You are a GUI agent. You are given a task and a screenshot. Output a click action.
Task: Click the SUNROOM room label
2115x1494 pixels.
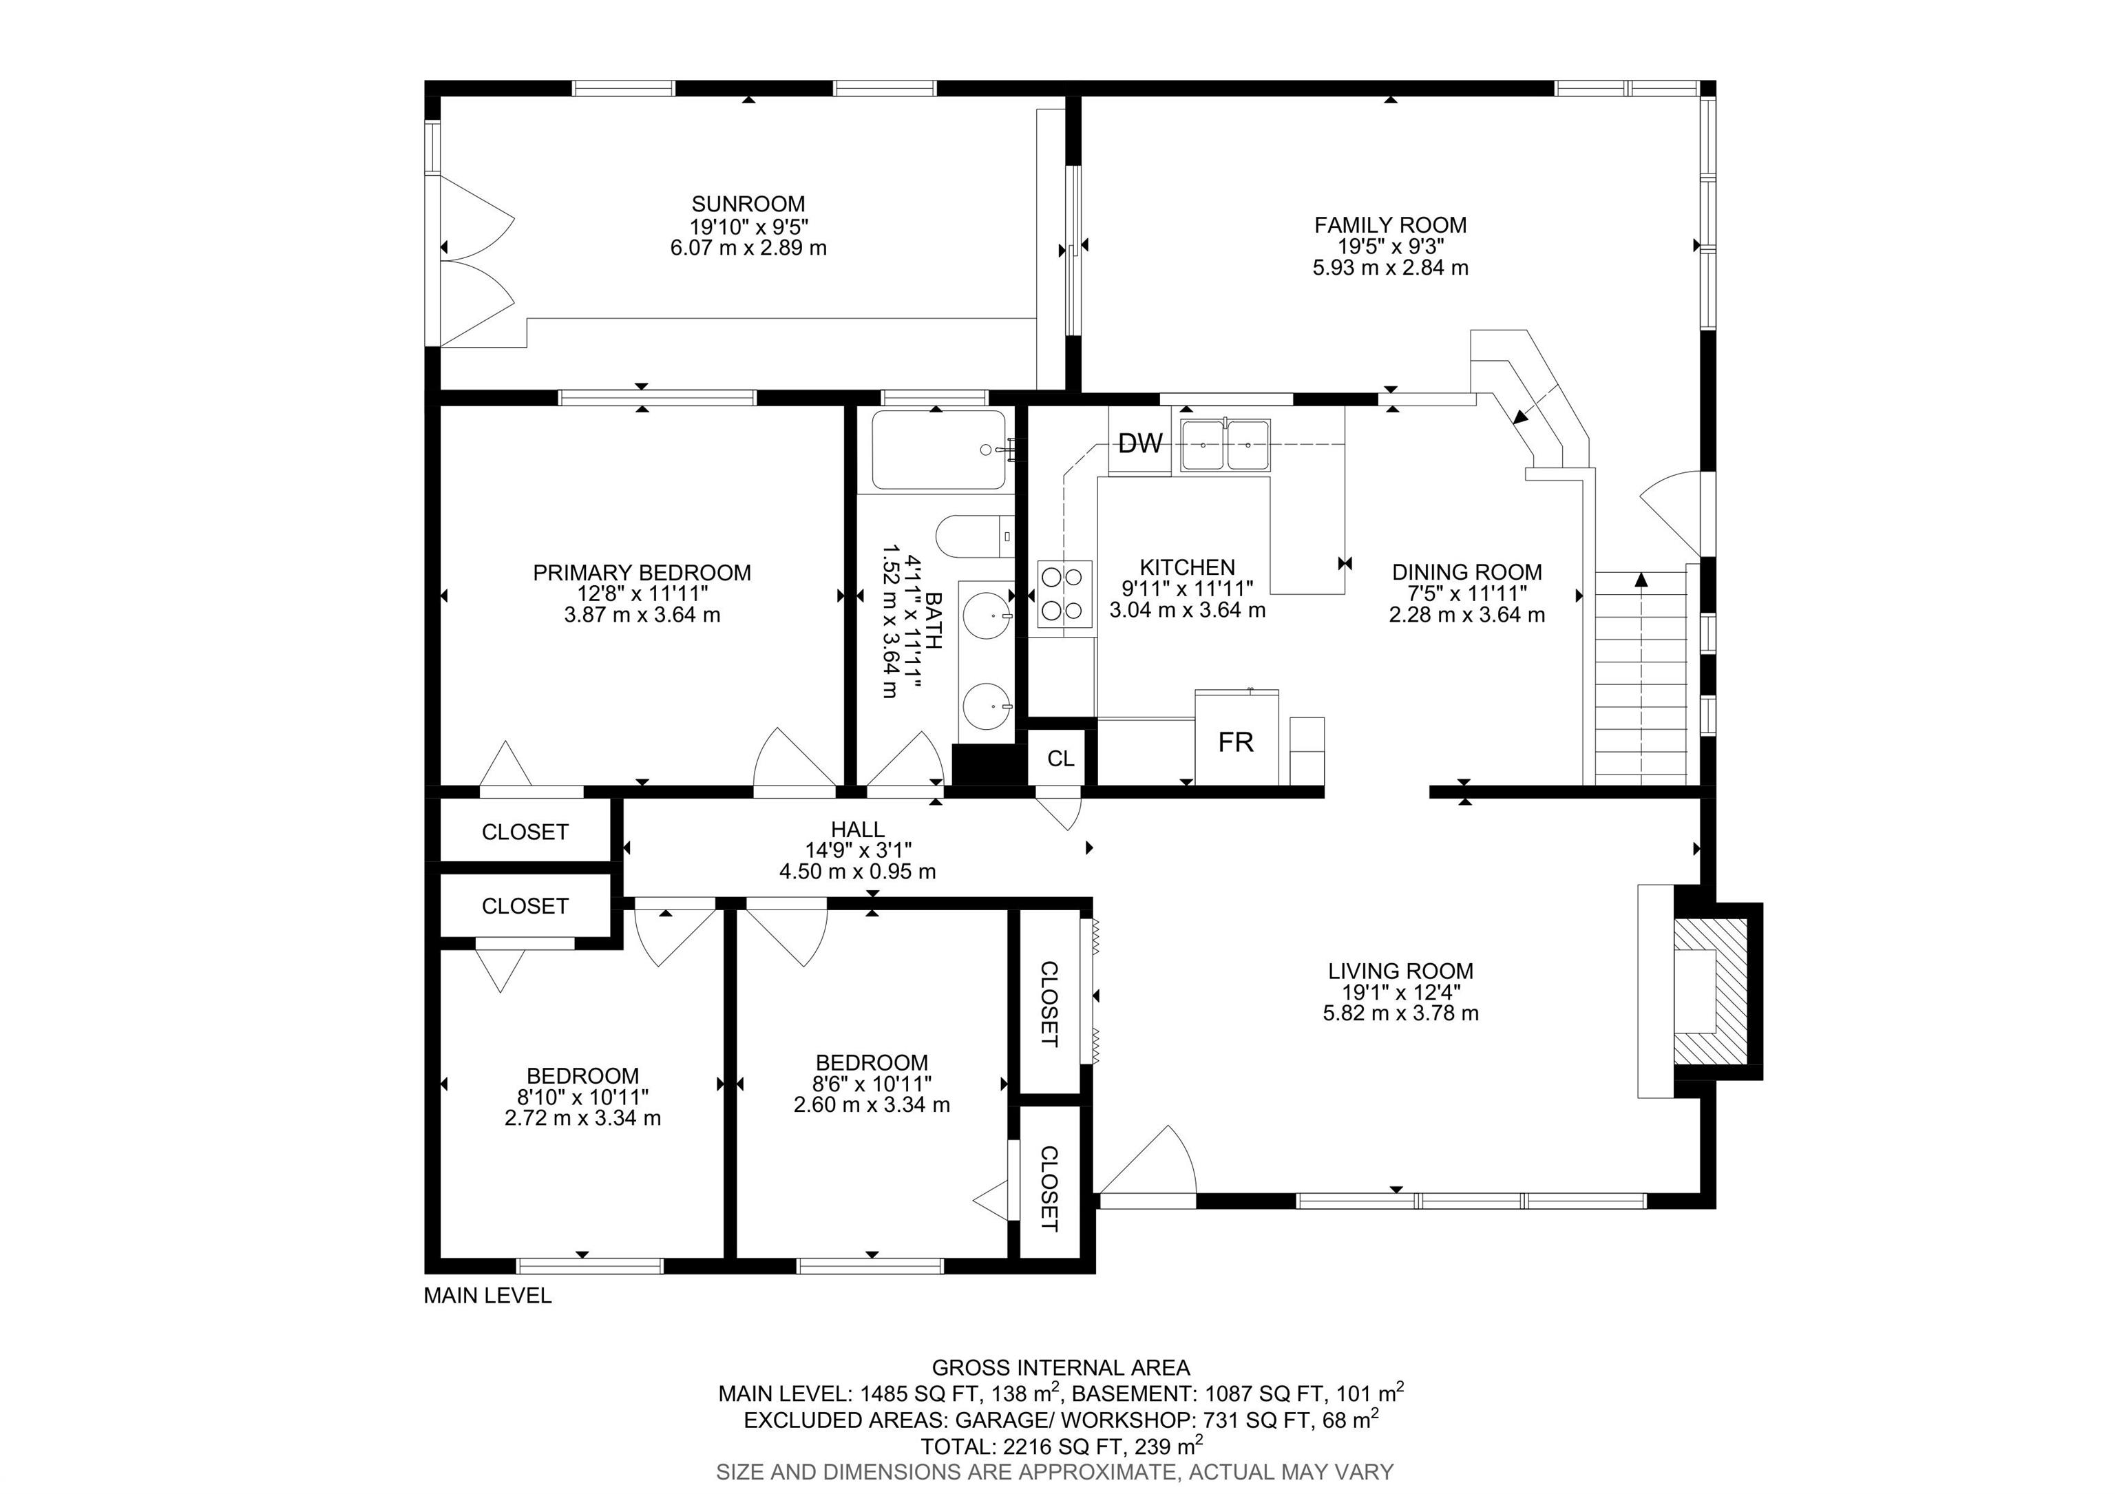pos(748,204)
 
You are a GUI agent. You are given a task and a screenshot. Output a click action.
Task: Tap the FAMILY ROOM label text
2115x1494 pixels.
pos(1390,224)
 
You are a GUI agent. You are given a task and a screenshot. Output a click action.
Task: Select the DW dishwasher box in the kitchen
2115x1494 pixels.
pos(1139,444)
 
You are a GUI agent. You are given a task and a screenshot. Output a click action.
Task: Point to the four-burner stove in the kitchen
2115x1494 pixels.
pos(1065,594)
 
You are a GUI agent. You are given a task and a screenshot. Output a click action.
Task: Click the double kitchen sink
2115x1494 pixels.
pos(1225,446)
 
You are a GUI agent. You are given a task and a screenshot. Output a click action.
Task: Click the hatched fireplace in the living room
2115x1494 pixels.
pos(1709,990)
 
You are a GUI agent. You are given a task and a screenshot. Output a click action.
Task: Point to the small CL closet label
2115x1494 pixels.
pos(1060,758)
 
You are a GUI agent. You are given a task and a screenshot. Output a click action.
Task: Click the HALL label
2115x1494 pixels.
pos(858,830)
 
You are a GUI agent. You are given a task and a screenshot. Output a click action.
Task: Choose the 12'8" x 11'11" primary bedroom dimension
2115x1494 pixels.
pos(642,594)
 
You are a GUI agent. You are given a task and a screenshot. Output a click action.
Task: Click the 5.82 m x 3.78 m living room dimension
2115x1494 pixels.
pos(1401,1013)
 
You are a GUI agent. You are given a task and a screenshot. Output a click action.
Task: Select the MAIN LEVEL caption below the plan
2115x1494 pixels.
pos(487,1295)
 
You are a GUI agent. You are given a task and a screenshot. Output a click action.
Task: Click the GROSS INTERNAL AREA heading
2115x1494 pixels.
pos(1060,1368)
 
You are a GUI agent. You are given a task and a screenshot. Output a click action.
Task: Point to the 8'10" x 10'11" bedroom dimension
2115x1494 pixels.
pos(582,1097)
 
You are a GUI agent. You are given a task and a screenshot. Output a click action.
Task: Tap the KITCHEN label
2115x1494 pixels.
pos(1188,567)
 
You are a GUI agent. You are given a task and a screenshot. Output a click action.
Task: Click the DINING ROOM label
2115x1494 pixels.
pos(1466,572)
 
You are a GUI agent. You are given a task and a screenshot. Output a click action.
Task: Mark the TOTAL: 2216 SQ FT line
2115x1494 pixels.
pos(1061,1444)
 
